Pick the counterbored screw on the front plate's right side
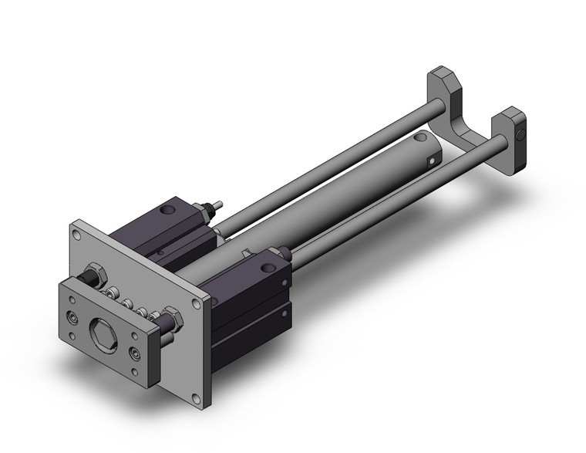click(136, 353)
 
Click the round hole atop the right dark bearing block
click(268, 268)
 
